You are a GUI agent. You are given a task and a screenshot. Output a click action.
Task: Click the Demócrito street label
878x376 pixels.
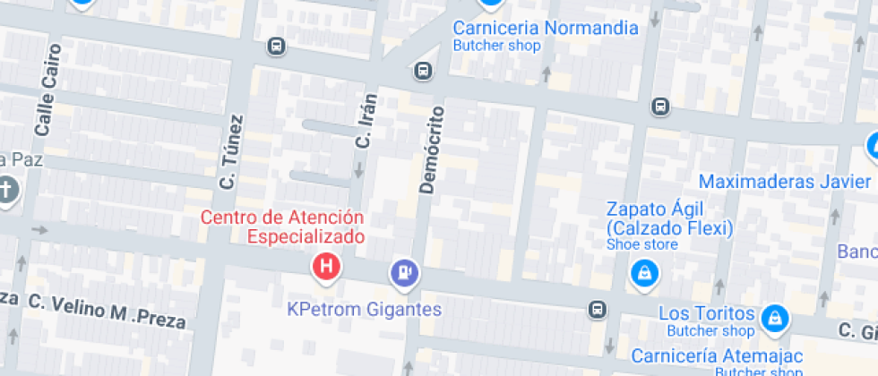point(432,150)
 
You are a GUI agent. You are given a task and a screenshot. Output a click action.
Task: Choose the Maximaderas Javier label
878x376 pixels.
point(785,182)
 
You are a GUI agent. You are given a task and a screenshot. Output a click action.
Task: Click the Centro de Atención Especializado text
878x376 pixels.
point(282,226)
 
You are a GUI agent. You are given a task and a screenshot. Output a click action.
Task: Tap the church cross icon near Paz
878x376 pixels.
point(7,191)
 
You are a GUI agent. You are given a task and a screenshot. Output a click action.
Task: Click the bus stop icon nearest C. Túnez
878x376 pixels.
point(276,46)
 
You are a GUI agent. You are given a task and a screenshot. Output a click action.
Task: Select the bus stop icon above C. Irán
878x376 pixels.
point(423,71)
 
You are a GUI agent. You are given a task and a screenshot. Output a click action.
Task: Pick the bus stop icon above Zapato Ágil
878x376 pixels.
point(660,106)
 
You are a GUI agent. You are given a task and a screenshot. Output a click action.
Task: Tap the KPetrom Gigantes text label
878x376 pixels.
point(365,310)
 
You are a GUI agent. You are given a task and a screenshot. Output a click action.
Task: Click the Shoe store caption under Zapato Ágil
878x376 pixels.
point(642,244)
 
